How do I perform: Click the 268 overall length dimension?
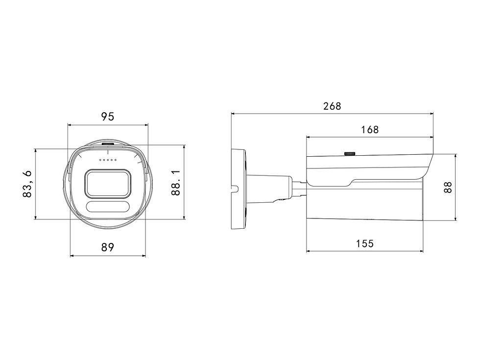332,106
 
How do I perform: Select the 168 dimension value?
370,130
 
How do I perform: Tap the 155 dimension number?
365,244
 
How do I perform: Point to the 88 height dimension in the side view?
448,187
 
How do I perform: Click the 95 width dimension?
108,117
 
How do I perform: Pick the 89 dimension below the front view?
108,247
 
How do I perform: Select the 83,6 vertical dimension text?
27,184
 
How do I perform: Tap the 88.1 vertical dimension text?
176,183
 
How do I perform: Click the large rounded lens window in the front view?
108,183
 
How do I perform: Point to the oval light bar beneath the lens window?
108,207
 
